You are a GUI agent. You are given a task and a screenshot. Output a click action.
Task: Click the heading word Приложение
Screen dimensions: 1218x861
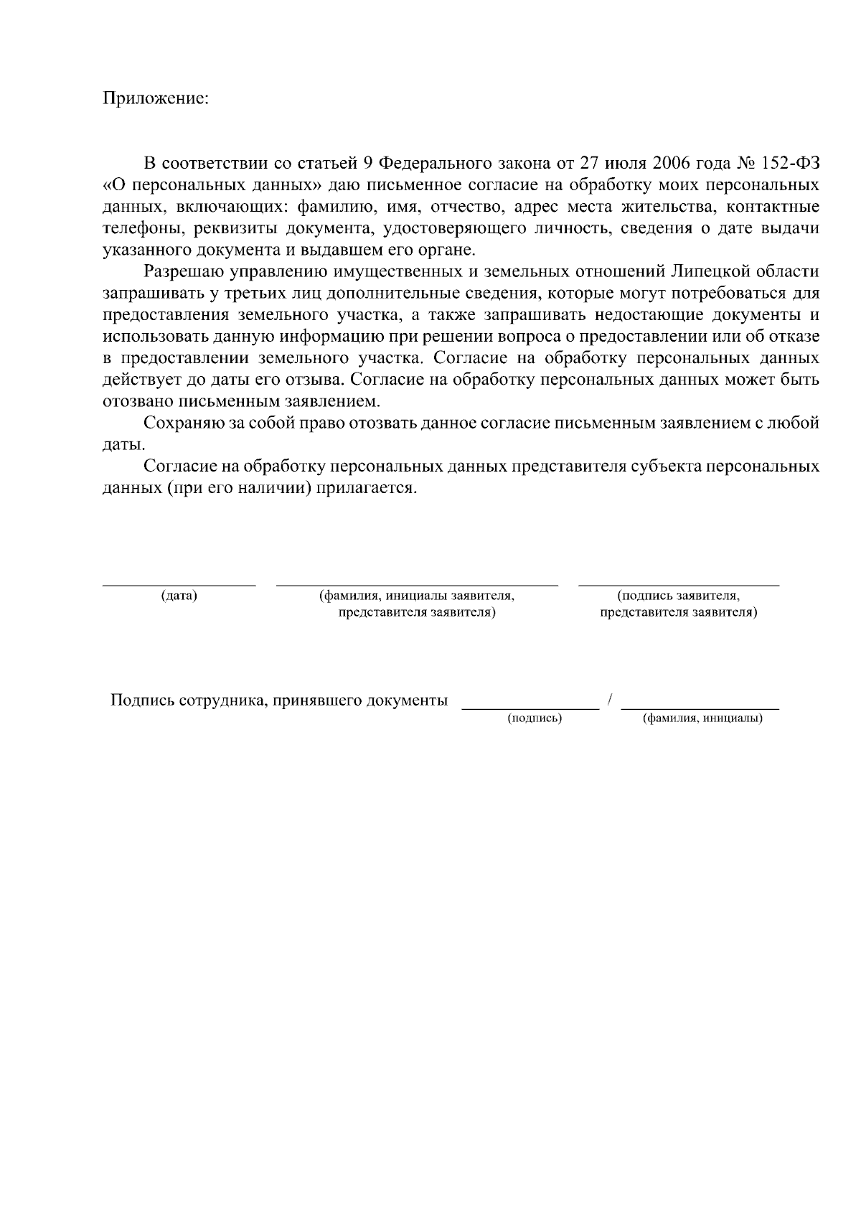tap(156, 98)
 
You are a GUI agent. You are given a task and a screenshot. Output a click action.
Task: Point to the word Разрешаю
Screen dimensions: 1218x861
tap(185, 272)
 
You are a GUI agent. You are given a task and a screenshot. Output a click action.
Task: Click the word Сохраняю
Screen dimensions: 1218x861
tap(186, 423)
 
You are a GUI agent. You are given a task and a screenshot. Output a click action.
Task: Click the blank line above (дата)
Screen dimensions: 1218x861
tap(179, 585)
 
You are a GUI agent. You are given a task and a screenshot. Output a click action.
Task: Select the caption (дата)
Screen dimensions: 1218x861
tap(179, 596)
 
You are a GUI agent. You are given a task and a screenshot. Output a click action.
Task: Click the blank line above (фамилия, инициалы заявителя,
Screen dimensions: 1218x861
tap(417, 585)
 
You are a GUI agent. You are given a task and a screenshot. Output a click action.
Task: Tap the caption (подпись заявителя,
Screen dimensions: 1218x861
tap(678, 596)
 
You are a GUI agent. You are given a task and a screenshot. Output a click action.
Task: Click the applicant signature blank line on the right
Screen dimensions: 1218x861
tap(678, 585)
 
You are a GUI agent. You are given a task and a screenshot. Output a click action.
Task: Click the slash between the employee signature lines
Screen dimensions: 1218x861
tap(609, 701)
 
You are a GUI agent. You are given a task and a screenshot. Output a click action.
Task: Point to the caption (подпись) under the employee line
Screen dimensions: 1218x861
tap(534, 718)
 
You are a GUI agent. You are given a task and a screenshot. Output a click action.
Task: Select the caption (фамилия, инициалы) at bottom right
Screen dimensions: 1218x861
tap(702, 718)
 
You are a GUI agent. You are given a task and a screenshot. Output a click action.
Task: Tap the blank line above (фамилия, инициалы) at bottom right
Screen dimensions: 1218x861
tap(700, 708)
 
